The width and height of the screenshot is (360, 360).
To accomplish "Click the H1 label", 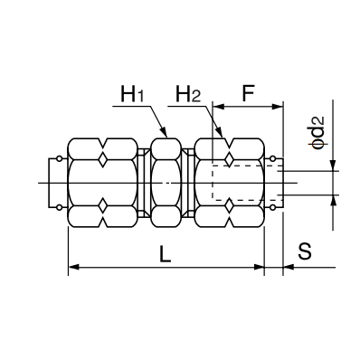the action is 132,94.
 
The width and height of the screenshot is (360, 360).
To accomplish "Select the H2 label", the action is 188,94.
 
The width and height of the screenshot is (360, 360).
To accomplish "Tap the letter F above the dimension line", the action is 248,94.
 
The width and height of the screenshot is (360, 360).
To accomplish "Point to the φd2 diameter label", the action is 318,133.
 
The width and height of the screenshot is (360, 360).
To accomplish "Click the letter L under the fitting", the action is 165,253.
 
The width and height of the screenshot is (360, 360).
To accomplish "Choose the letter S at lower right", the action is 305,251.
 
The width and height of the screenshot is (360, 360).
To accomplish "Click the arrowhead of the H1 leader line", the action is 164,132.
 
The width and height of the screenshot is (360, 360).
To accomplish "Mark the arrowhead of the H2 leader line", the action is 220,132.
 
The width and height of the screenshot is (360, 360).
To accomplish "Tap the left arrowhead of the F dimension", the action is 218,107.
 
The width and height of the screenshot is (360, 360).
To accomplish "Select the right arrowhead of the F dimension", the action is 278,107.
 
